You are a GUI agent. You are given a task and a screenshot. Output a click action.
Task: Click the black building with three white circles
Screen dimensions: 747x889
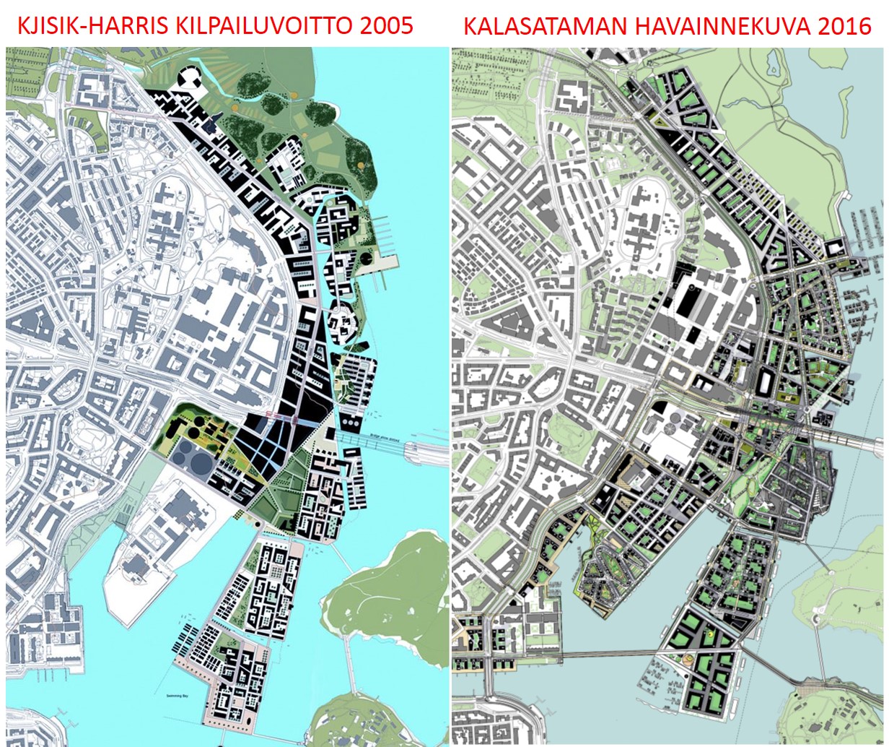pos(351,420)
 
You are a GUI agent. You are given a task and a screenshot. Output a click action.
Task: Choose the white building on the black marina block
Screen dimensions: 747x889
pos(836,248)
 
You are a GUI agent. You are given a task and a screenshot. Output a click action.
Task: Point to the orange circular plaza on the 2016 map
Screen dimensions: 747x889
pos(688,660)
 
